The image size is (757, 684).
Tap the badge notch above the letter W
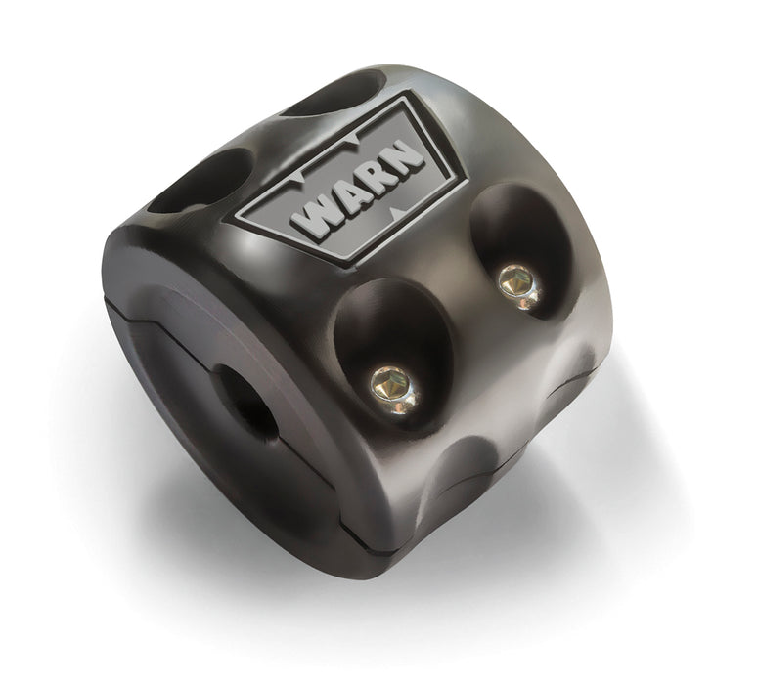296,184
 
